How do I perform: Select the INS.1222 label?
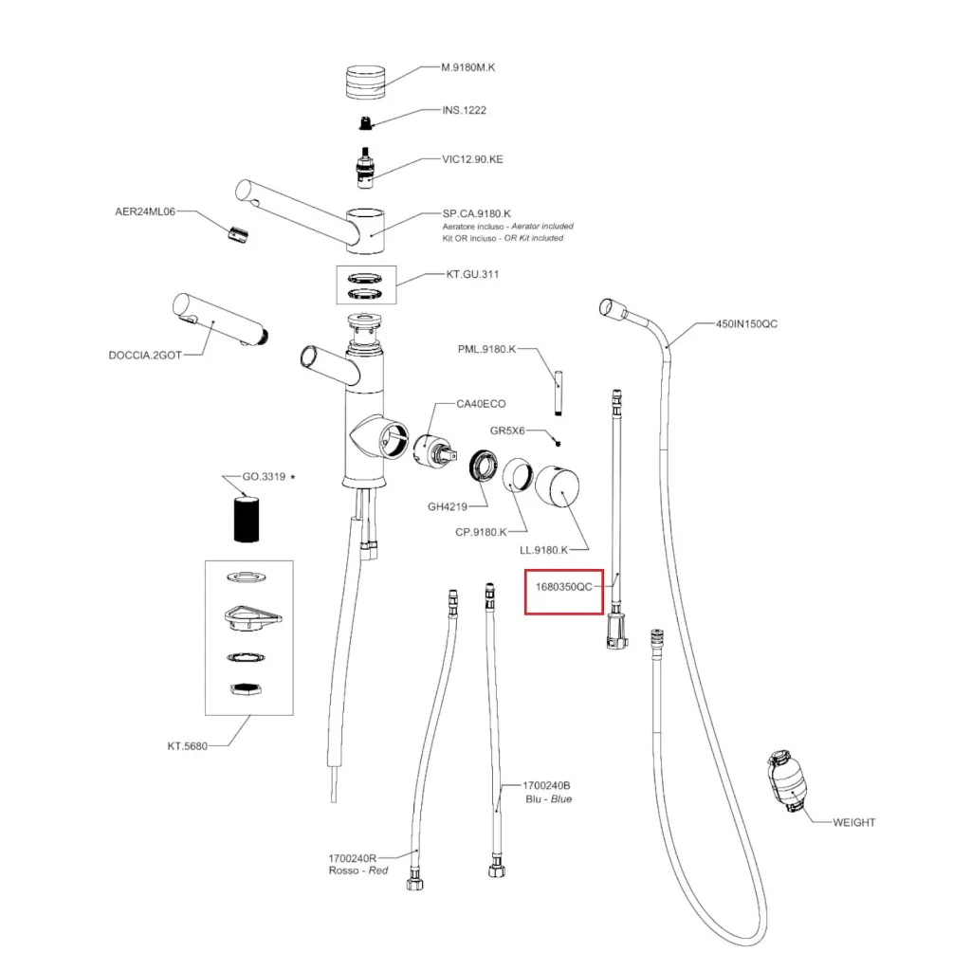click(464, 110)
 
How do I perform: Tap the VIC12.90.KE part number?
click(472, 159)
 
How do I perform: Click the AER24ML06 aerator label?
click(146, 211)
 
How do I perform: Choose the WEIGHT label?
click(853, 822)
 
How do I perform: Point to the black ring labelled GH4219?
click(485, 467)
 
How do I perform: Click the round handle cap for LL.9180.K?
click(559, 489)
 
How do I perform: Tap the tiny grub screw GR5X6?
click(559, 442)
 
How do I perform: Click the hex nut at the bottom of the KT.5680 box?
click(246, 690)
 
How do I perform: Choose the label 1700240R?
click(353, 858)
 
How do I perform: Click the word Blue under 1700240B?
click(561, 799)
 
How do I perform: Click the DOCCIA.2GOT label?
click(144, 356)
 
